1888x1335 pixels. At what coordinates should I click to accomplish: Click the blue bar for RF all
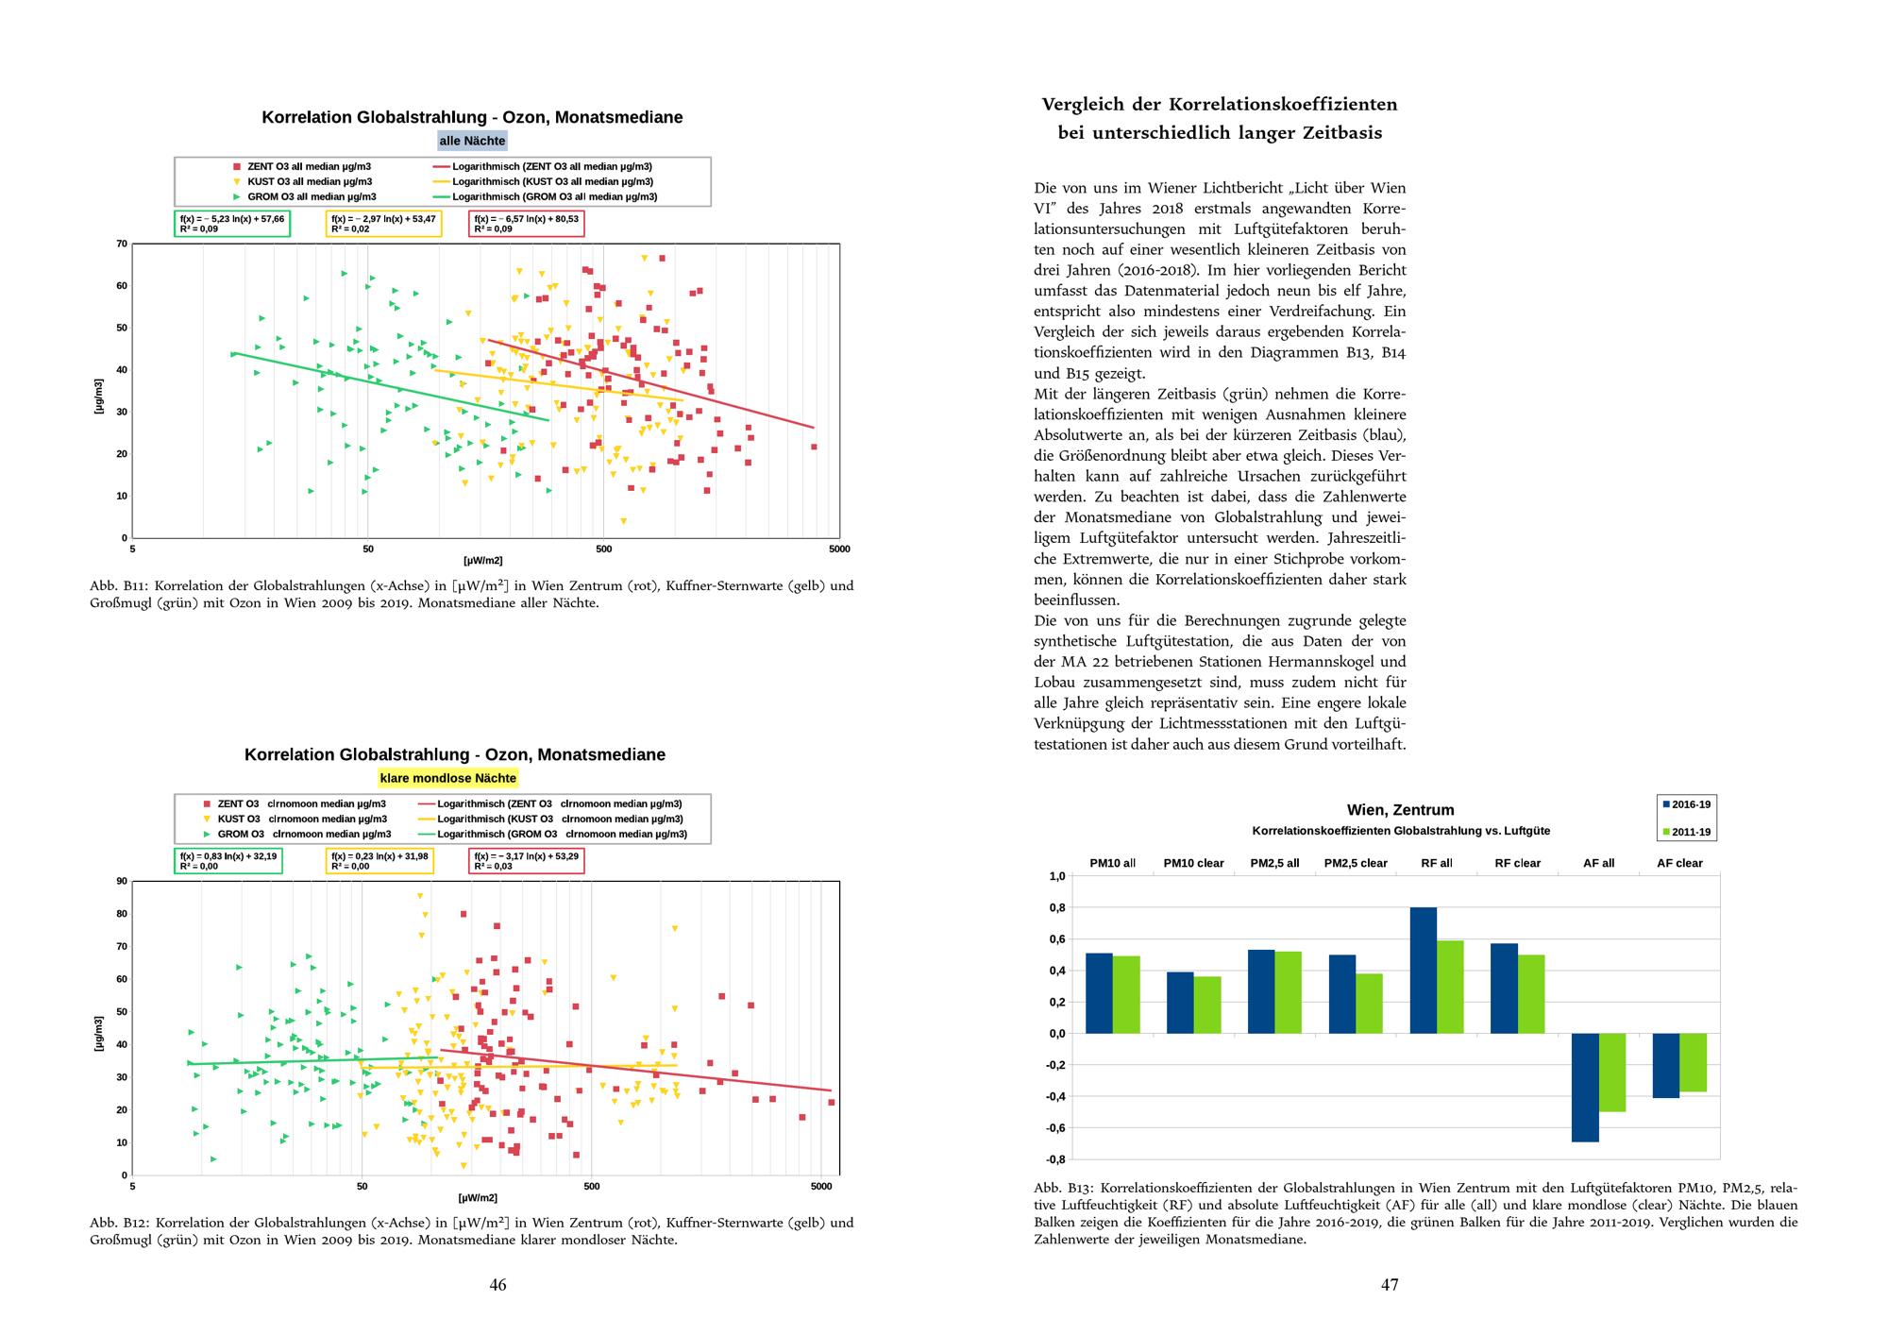click(x=1423, y=970)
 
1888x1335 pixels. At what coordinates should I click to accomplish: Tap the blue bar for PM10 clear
click(x=1180, y=1003)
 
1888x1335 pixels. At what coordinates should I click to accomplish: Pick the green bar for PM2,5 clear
click(x=1369, y=1003)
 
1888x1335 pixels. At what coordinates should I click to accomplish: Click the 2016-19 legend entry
click(x=1686, y=804)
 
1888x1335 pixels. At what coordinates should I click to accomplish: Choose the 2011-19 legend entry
click(x=1686, y=833)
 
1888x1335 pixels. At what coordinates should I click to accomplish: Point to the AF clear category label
click(x=1679, y=863)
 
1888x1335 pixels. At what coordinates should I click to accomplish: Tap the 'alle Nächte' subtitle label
click(x=472, y=141)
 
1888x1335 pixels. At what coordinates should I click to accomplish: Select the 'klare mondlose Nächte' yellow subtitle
click(x=447, y=778)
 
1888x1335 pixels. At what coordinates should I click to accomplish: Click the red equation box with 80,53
click(x=526, y=224)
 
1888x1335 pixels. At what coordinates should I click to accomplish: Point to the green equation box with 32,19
click(x=228, y=860)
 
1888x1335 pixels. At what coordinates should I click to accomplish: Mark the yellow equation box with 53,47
click(x=383, y=224)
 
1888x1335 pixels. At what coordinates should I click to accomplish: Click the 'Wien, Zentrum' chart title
click(x=1400, y=810)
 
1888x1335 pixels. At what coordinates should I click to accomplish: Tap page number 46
click(x=497, y=1284)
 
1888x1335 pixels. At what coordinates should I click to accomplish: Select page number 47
click(x=1390, y=1284)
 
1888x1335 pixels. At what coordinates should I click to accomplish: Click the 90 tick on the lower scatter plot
click(x=122, y=882)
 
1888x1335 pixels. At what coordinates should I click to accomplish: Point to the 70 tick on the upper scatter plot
click(x=122, y=245)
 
